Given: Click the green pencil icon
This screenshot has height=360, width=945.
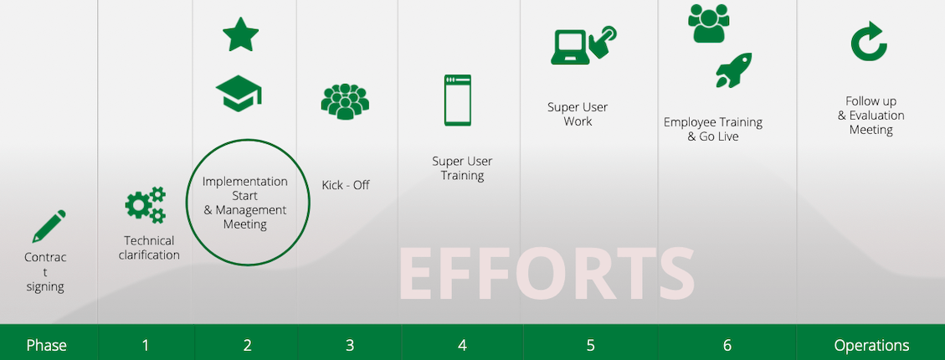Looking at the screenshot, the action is click(x=49, y=226).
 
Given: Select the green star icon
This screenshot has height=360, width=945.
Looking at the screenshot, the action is click(x=240, y=34).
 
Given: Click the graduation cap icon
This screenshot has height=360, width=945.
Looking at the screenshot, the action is click(x=239, y=93).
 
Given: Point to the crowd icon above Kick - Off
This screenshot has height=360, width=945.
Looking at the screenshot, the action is click(x=345, y=101).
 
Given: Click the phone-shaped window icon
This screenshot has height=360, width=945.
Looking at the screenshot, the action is click(x=457, y=100).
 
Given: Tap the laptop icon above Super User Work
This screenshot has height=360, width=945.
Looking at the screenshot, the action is click(x=568, y=48).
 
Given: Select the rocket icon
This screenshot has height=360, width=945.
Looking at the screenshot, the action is click(x=733, y=70).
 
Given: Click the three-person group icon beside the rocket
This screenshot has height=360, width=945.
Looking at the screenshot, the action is click(x=708, y=23).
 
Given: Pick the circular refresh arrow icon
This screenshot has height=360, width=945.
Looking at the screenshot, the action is click(x=869, y=42).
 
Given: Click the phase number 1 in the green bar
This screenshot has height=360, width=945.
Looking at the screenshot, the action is click(x=146, y=346).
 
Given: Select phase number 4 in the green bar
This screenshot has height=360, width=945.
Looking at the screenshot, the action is click(x=462, y=346).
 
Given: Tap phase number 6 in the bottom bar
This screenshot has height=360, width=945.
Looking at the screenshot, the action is click(x=727, y=346).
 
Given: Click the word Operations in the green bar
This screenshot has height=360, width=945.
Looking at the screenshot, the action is click(x=871, y=346).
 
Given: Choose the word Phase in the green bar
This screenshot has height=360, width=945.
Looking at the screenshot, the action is click(x=46, y=346).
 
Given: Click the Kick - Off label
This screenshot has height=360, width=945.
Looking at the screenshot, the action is click(x=346, y=185).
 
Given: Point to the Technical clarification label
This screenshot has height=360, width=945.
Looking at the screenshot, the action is click(x=149, y=248).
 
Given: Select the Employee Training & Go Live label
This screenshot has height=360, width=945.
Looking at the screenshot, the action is click(x=713, y=130).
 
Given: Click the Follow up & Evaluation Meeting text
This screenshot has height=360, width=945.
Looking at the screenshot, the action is click(x=871, y=116).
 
